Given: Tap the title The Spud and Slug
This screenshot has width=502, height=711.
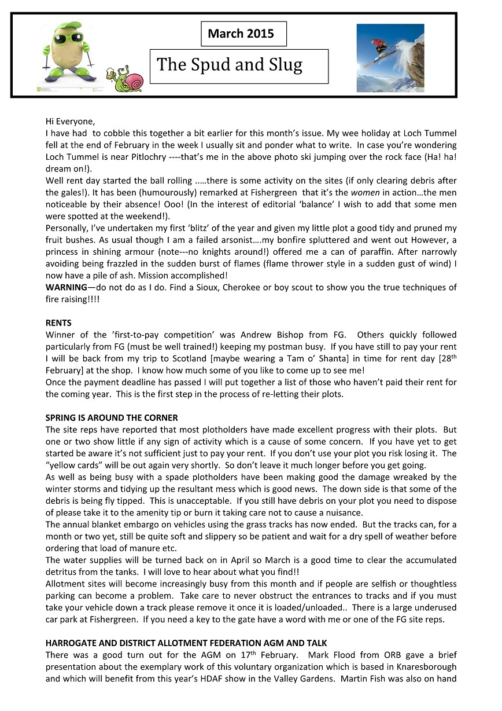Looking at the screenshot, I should [230, 64].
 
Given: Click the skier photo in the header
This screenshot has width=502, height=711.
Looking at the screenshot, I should [390, 54].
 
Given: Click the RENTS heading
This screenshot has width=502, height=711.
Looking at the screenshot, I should [58, 322].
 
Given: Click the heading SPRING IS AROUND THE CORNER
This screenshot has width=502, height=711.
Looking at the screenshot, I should [112, 417].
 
